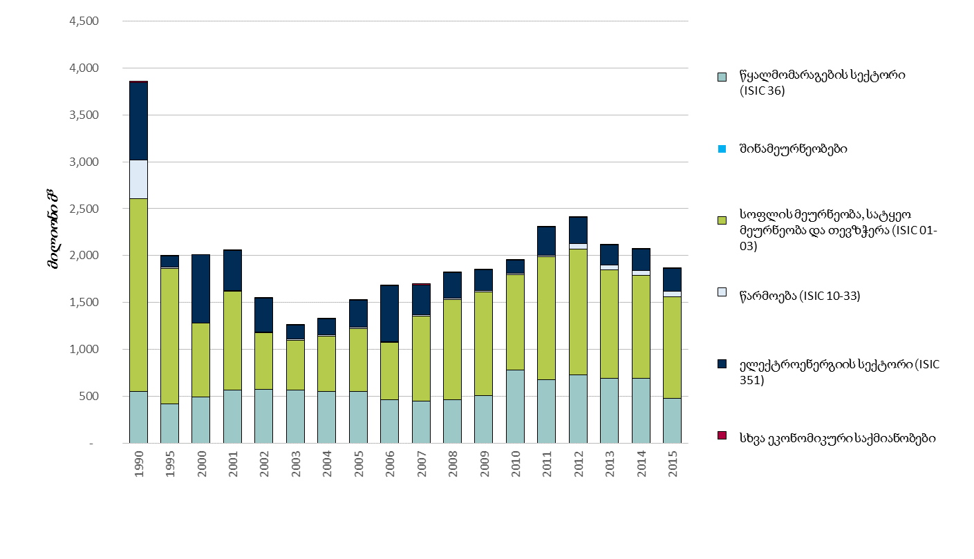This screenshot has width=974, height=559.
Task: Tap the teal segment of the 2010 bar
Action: pyautogui.click(x=515, y=406)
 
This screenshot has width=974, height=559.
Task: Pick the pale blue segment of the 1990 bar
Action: pyautogui.click(x=138, y=179)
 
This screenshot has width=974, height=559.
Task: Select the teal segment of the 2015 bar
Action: pyautogui.click(x=672, y=420)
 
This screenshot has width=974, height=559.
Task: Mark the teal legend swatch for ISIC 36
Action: pyautogui.click(x=722, y=77)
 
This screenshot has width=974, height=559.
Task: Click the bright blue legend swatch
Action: pyautogui.click(x=722, y=149)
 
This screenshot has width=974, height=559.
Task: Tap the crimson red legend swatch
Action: pyautogui.click(x=722, y=435)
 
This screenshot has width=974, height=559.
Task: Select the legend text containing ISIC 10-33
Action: pyautogui.click(x=800, y=296)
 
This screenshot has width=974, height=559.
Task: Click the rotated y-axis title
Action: pyautogui.click(x=54, y=231)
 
